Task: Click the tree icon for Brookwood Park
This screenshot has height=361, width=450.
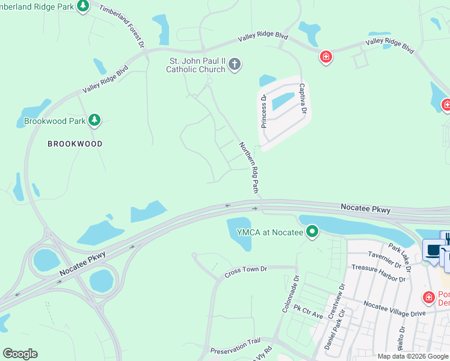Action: (x=94, y=120)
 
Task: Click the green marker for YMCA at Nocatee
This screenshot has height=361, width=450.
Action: (x=312, y=232)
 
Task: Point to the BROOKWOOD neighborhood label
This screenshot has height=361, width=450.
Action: (x=76, y=144)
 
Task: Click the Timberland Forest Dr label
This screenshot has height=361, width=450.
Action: (x=122, y=27)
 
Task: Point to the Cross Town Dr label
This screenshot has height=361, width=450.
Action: (x=245, y=271)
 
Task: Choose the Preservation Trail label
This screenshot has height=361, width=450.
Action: (x=235, y=345)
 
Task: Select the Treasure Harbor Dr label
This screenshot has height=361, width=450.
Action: (x=378, y=273)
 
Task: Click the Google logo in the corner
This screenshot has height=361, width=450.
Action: (x=20, y=354)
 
